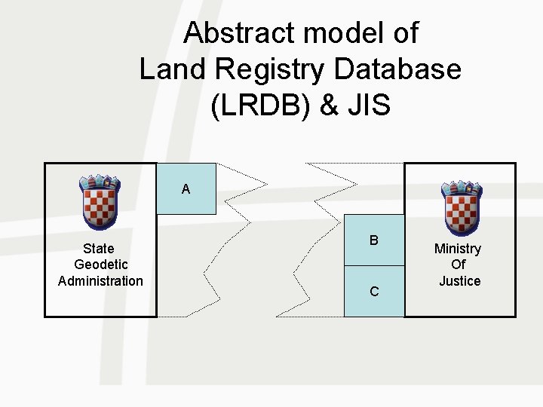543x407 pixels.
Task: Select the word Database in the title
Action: coord(399,69)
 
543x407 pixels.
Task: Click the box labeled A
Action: coord(186,189)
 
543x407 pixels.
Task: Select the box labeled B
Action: coord(374,240)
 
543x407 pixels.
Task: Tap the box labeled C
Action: coord(374,291)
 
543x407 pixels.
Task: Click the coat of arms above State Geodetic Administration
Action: coord(100,201)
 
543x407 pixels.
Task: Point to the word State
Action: coord(99,249)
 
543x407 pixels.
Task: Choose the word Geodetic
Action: coord(100,265)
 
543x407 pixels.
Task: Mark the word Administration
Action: coord(100,281)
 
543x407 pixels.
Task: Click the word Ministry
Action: coord(458,249)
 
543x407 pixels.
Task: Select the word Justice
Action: coord(459,281)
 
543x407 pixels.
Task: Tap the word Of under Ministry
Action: coord(459,265)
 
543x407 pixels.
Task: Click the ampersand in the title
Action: coord(329,105)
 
